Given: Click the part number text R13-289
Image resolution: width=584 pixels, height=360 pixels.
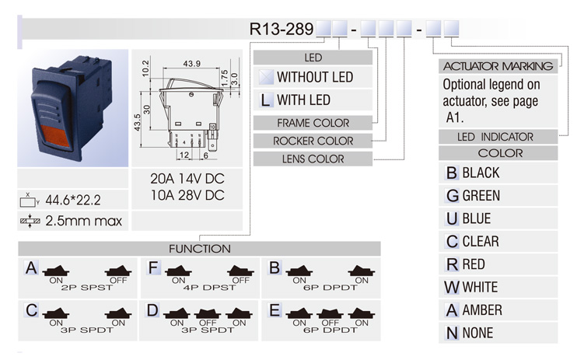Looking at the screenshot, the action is point(282,29).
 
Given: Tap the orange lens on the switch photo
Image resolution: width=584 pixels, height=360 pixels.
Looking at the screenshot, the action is point(54,137).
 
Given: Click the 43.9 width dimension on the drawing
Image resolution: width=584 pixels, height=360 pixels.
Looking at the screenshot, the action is point(191,64).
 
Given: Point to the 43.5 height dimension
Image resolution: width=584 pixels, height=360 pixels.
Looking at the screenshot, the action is point(138,123).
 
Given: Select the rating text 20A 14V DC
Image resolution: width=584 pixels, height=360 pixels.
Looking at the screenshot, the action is point(187,179).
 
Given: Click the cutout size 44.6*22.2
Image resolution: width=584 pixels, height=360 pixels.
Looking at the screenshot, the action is point(73,201).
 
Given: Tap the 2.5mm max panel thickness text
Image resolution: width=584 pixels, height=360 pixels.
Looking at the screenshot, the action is point(84,221).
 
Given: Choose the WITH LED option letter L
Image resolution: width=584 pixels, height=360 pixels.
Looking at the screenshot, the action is point(265,100).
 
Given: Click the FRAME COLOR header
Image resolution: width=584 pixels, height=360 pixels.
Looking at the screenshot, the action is point(313,123).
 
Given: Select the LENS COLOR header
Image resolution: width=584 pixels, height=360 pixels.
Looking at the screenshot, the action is point(313,159).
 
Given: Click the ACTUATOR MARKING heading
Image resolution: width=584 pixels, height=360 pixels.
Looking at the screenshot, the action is point(498,66).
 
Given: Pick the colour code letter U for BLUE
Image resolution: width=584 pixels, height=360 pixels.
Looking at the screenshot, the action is point(452,218).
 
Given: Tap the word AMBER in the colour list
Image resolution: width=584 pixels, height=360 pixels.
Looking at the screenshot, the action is point(482,309).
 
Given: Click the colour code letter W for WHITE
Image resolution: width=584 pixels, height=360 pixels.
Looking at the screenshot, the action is point(452,287).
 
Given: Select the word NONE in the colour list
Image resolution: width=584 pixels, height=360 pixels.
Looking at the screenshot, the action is point(477,333).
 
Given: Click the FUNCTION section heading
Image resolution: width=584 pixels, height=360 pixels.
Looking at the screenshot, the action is point(200,249).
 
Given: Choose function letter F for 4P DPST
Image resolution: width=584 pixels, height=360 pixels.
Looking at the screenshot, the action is point(153,267).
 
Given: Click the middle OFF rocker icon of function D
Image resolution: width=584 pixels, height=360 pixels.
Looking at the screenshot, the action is point(208,314).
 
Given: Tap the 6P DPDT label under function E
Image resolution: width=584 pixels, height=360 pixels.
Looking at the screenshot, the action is point(330,330).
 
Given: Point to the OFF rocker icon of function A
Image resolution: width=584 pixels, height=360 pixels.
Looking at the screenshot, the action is point(118,271).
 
